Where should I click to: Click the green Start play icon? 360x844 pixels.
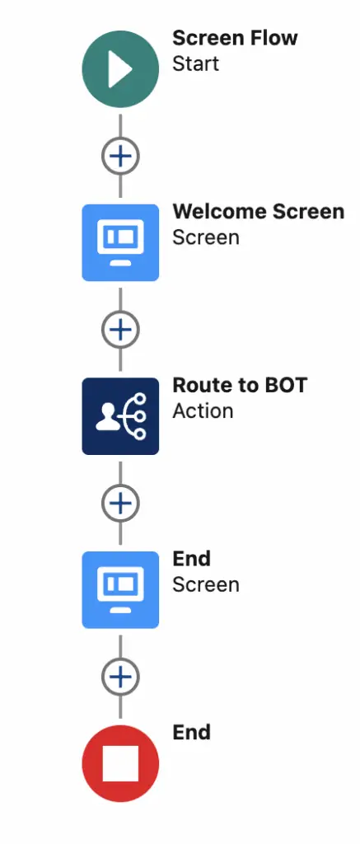[x=120, y=69]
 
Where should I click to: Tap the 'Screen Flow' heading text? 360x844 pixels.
[x=235, y=38]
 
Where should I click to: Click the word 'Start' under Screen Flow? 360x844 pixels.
[x=195, y=63]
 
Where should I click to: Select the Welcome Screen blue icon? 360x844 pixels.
[x=120, y=242]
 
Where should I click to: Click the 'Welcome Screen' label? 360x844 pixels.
[x=259, y=212]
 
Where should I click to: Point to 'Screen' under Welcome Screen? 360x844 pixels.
[x=206, y=237]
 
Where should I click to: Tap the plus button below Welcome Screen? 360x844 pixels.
[x=120, y=330]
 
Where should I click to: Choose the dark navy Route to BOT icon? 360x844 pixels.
[x=120, y=416]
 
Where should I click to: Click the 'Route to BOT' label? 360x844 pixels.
[x=240, y=386]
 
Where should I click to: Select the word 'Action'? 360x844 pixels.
[x=203, y=411]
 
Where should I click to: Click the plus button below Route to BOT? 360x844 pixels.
[x=120, y=503]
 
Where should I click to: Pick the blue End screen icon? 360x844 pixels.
[x=120, y=589]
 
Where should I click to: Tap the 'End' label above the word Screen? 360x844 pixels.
[x=191, y=559]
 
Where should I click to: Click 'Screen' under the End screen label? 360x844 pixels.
[x=206, y=584]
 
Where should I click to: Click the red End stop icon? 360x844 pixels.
[x=120, y=763]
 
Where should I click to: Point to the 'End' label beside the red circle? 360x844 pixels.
[x=191, y=733]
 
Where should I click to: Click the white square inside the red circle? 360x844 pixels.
[x=120, y=763]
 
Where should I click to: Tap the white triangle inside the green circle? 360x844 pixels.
[x=119, y=69]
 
